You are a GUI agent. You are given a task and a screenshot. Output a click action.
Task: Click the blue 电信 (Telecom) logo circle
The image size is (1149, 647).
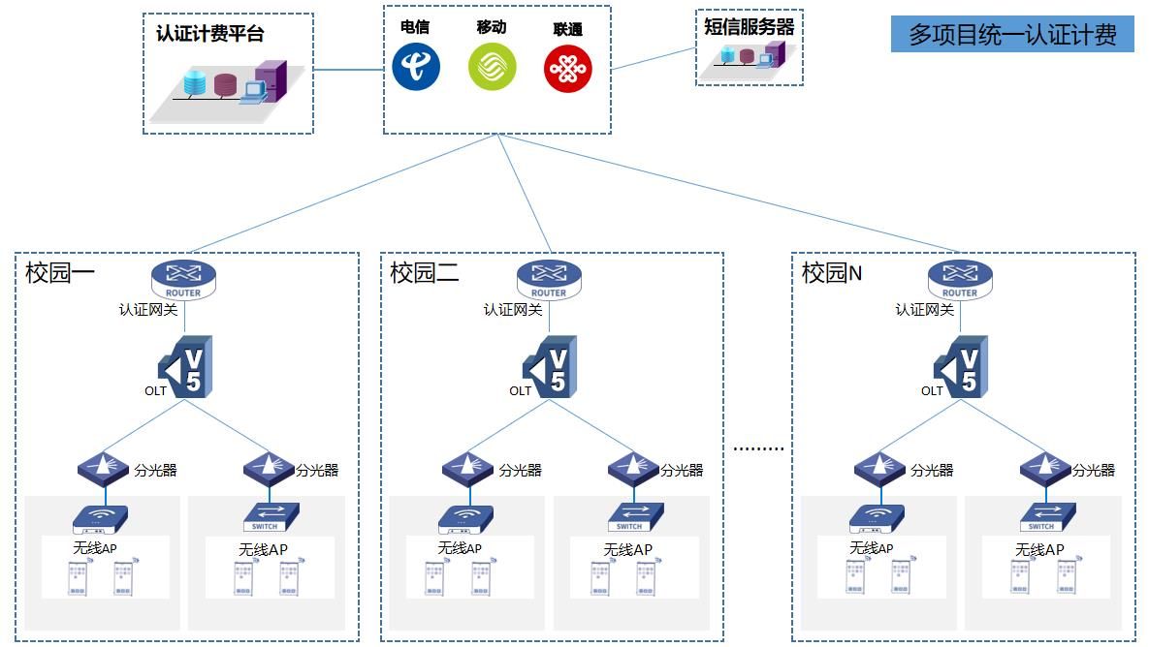click(x=416, y=67)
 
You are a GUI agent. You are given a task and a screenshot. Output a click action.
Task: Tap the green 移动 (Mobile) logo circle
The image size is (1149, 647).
click(x=493, y=68)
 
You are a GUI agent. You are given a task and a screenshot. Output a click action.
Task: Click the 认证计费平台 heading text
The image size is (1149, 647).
click(x=209, y=34)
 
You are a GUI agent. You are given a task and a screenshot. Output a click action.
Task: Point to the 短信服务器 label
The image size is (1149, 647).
click(x=749, y=27)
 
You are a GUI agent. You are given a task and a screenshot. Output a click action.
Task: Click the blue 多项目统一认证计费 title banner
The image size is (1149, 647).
click(x=1012, y=35)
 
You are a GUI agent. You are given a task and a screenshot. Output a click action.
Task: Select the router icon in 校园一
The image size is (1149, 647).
click(x=183, y=279)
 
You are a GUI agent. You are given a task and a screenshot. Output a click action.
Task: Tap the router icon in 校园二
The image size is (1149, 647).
click(x=549, y=279)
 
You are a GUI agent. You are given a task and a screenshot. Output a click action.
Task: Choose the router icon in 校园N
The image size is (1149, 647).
click(x=960, y=279)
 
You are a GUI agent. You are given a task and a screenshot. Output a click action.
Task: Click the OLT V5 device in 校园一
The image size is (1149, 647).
click(x=186, y=367)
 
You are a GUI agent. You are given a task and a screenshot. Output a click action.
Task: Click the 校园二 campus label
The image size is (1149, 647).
click(x=425, y=273)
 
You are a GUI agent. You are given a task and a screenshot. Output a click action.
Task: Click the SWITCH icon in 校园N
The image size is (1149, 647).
click(x=1045, y=518)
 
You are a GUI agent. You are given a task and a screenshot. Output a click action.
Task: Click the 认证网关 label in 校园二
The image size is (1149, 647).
click(x=513, y=310)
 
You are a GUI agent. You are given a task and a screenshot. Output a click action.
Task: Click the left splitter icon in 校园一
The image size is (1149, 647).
click(x=103, y=467)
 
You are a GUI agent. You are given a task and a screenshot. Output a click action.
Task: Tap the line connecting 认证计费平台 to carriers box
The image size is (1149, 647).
click(x=348, y=70)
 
